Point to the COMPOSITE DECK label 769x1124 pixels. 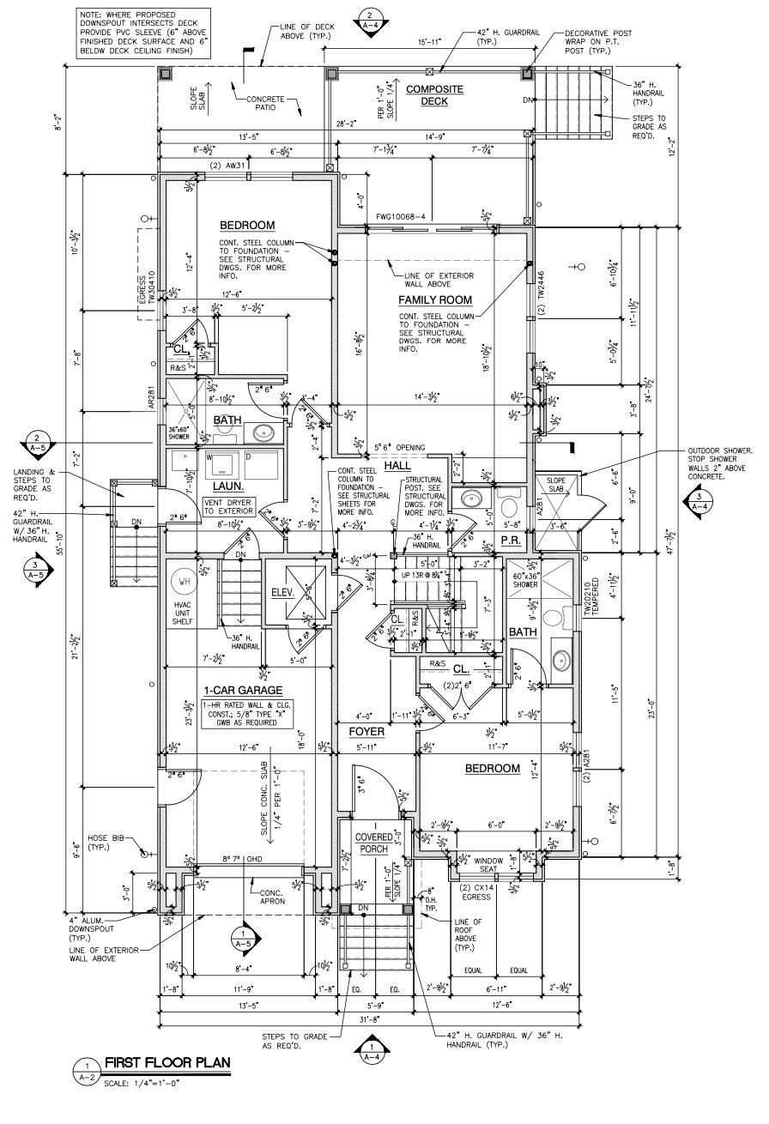[434, 95]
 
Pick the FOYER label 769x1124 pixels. [366, 732]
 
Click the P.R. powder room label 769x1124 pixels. [512, 541]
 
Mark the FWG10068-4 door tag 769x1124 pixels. [401, 217]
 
